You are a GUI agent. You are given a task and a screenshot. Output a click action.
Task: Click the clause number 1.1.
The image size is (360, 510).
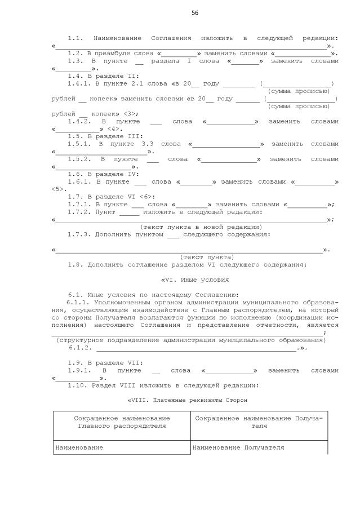point(75,38)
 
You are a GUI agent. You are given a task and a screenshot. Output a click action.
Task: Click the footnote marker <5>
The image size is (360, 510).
point(59,189)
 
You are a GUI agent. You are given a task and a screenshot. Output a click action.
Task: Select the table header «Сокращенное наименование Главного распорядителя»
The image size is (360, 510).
point(122,422)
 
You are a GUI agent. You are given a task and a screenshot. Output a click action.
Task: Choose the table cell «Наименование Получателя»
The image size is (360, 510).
point(238,447)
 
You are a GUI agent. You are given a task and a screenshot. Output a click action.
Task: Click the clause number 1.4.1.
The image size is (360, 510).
point(79,83)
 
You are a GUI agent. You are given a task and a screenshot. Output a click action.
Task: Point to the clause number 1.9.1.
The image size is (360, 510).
point(79,370)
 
